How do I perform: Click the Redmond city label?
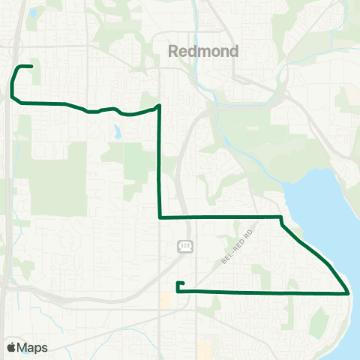[203, 52]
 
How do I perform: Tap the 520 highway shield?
[185, 245]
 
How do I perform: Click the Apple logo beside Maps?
[11, 347]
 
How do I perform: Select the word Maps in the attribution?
[32, 347]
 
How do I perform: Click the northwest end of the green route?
[31, 66]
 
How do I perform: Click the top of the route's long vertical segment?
[159, 106]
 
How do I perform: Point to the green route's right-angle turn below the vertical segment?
[160, 217]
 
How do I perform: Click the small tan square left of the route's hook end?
[165, 299]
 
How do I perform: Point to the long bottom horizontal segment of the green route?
[262, 292]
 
